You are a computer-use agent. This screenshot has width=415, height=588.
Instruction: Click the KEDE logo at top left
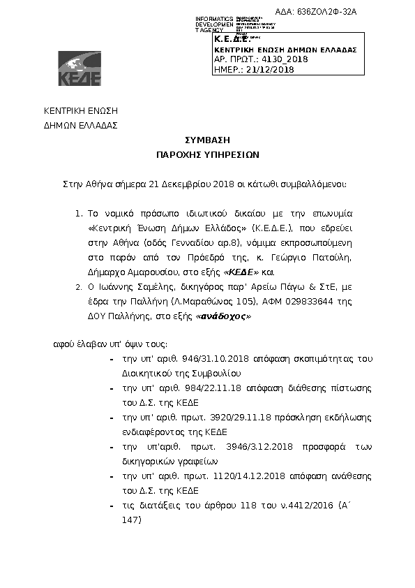[80, 68]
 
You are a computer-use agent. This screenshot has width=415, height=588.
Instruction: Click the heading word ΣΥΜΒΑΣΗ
[207, 140]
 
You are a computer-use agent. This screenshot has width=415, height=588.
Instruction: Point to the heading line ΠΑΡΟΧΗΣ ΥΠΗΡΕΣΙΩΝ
[207, 155]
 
